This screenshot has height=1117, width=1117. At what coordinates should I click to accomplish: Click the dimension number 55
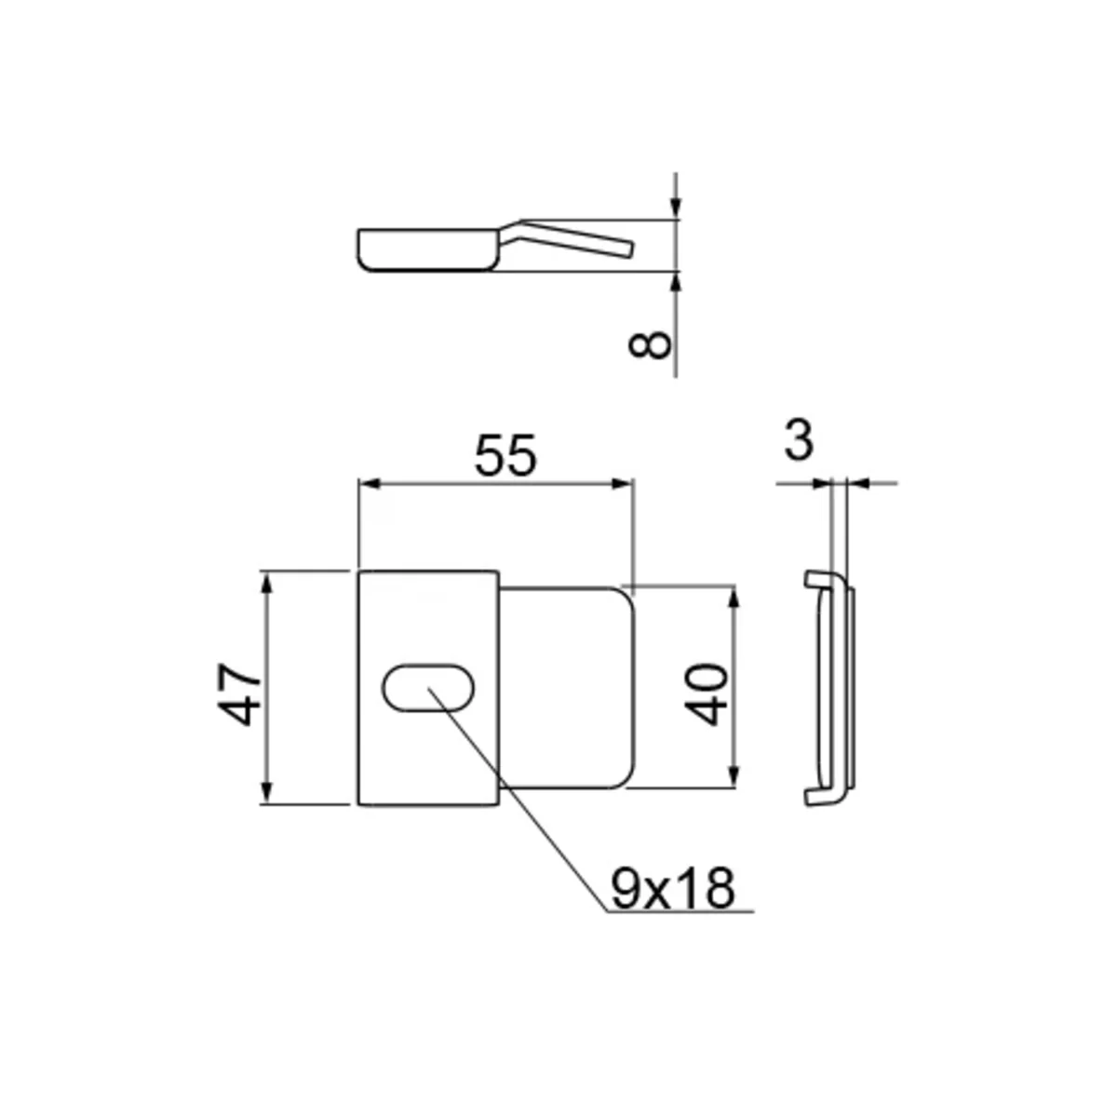[505, 455]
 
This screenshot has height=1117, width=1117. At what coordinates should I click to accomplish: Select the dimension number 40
[706, 695]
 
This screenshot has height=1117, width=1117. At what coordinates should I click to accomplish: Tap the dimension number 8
[649, 345]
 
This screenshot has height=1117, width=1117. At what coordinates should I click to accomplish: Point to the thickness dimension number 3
[799, 441]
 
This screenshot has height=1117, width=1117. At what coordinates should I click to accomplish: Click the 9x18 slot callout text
[673, 889]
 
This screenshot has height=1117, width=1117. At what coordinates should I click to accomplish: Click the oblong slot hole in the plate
[428, 687]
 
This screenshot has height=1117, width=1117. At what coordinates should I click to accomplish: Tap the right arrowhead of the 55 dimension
[622, 483]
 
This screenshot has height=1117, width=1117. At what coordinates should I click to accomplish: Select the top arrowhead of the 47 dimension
[266, 583]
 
